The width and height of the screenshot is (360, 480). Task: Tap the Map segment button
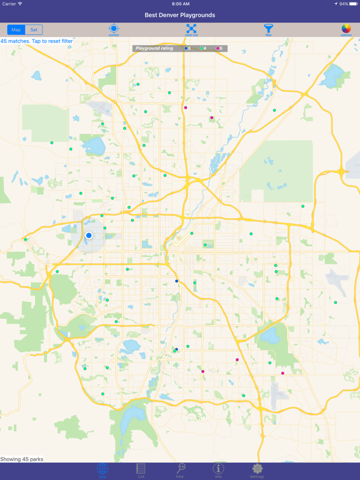(16, 29)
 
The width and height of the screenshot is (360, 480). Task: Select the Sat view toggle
(34, 29)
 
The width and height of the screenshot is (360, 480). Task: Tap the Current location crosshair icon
(114, 29)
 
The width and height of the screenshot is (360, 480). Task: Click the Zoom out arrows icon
(191, 29)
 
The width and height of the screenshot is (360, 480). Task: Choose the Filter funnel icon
(268, 29)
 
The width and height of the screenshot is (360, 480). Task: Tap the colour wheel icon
(346, 29)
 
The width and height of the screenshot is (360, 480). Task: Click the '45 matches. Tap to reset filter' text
(36, 41)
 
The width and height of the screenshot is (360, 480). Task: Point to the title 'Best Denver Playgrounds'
(180, 14)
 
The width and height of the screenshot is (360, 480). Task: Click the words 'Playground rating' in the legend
(154, 48)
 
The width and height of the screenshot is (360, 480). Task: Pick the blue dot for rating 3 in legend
(186, 48)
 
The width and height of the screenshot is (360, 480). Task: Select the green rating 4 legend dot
(201, 48)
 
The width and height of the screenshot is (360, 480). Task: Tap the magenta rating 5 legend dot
(217, 48)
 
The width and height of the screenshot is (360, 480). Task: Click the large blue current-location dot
(89, 235)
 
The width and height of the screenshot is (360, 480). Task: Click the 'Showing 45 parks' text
(22, 459)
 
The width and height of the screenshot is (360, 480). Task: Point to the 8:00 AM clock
(180, 4)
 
